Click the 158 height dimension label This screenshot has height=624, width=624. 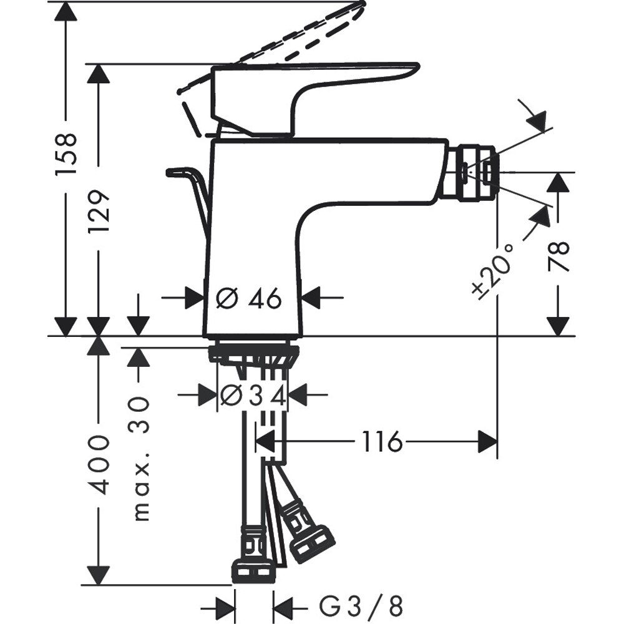pos(67,153)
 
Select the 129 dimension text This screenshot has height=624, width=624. pos(99,212)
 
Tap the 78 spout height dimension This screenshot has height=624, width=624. pos(559,256)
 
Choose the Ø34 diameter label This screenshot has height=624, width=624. pos(253,395)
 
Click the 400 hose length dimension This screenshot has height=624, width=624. pos(99,465)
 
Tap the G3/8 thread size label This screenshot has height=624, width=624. pos(361,606)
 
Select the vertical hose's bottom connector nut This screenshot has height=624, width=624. pos(253,569)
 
